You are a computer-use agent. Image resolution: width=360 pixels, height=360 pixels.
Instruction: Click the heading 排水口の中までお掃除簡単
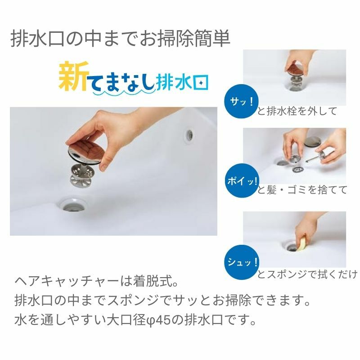pyautogui.click(x=120, y=39)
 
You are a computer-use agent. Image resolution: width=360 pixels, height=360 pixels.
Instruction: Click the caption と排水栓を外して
pyautogui.click(x=297, y=112)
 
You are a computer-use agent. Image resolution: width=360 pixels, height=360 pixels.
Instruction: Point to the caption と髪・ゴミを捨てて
pyautogui.click(x=302, y=190)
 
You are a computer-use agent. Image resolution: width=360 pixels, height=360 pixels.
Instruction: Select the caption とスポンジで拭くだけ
pyautogui.click(x=307, y=274)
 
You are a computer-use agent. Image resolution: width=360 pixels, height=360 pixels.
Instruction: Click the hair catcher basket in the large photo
pyautogui.click(x=83, y=175)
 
